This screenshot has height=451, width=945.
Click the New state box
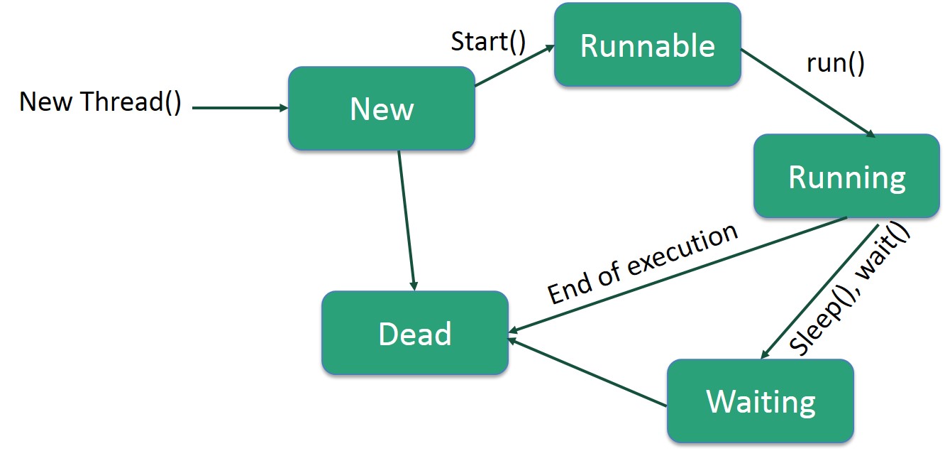pos(382,109)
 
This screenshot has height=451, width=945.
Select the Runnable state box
pos(647,45)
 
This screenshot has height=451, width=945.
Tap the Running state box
pos(846,176)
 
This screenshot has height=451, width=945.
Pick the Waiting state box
pos(761,401)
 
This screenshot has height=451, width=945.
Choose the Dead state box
pos(415,333)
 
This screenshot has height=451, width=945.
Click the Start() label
pos(488,41)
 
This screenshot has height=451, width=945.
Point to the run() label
pos(836,63)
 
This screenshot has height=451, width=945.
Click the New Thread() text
pos(100,102)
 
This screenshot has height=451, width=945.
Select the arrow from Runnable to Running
pos(808,92)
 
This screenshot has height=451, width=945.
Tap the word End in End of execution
pos(567,291)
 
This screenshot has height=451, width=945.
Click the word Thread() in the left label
pos(131,102)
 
